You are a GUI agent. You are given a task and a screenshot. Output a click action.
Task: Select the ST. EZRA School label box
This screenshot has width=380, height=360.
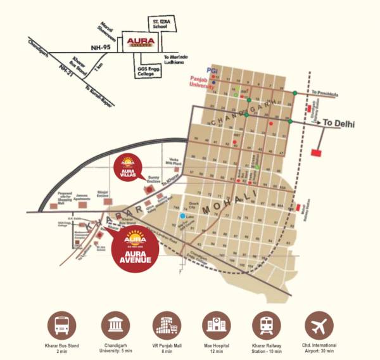pos(159,23)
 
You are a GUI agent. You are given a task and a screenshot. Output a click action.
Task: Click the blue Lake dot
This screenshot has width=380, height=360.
pos(182,216)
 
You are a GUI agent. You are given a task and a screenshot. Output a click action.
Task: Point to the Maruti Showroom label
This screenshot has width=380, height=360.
pos(106,30)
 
